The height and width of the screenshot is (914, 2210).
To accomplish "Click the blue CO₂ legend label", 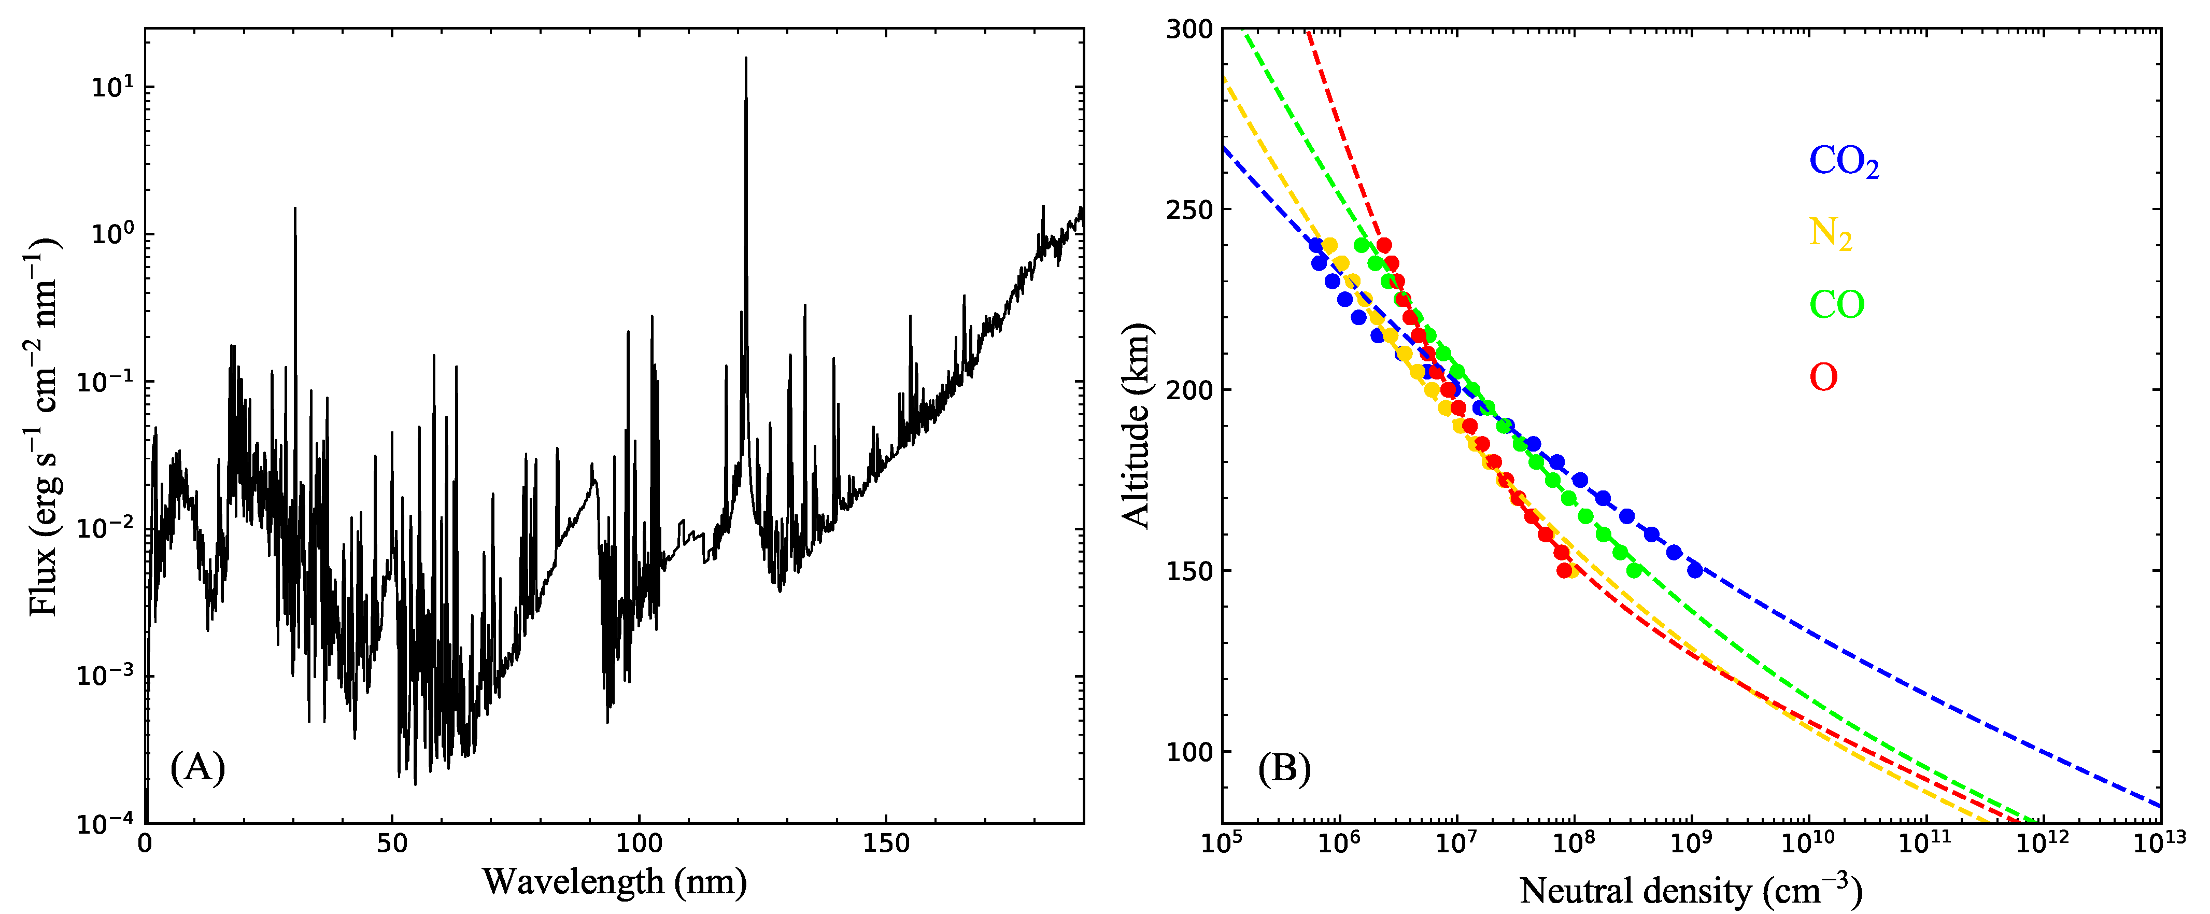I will (1843, 161).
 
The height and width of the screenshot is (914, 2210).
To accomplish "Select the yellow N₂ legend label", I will (1830, 233).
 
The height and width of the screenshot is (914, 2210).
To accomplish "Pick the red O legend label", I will (1823, 377).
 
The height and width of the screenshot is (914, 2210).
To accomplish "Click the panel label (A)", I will (197, 766).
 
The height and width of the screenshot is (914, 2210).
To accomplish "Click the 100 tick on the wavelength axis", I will (639, 843).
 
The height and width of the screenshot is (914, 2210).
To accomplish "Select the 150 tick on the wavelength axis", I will (886, 843).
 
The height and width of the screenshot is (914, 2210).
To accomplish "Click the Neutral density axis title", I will (1690, 891).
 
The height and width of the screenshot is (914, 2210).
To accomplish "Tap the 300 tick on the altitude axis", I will (1189, 29).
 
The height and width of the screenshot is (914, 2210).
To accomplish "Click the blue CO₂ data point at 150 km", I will (1694, 570).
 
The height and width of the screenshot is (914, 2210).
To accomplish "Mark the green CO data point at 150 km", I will (1634, 570).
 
